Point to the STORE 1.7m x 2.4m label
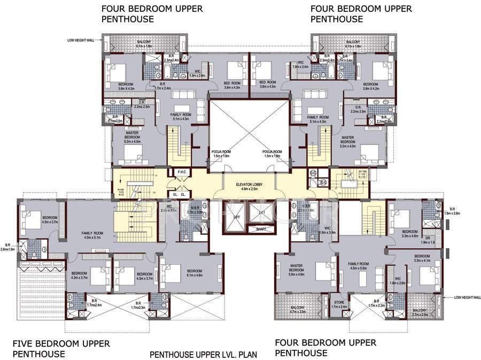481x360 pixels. (x=339, y=304)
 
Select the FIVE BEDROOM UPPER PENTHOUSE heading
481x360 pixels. (x=61, y=348)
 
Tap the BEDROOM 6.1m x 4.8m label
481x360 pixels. (x=195, y=273)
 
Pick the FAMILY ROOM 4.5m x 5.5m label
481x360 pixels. (x=358, y=266)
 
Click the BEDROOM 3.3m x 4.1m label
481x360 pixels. (x=422, y=258)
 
